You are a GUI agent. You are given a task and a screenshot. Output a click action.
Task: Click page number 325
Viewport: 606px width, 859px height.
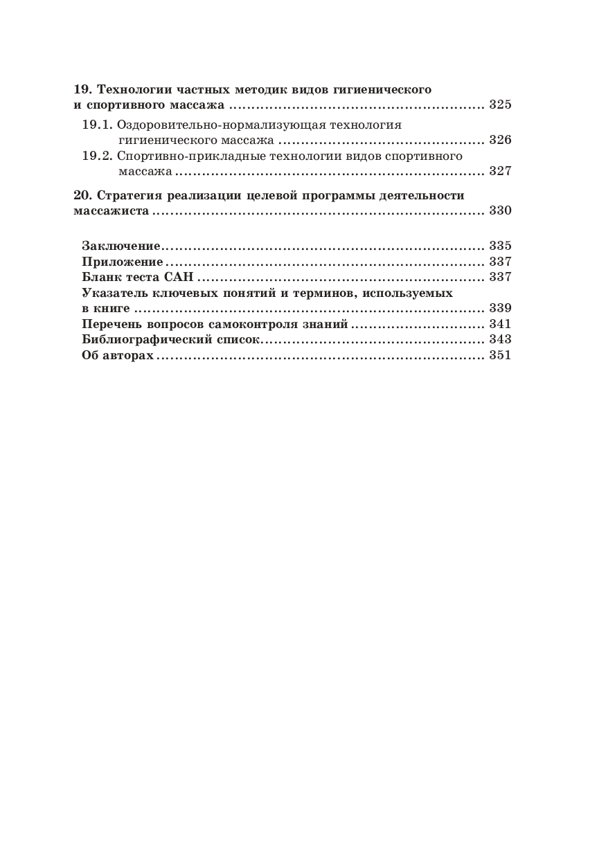(x=499, y=106)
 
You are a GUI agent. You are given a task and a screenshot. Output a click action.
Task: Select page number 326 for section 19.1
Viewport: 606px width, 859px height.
(x=499, y=140)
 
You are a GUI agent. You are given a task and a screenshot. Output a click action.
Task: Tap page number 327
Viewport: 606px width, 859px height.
(x=499, y=171)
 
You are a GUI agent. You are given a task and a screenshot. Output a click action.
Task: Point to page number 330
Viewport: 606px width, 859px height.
(x=499, y=210)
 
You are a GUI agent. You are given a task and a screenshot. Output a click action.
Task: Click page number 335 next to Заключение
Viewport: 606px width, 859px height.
(x=499, y=246)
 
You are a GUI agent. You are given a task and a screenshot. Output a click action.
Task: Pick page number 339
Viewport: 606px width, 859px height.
(x=499, y=308)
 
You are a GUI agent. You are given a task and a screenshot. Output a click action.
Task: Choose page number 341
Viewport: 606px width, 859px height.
(x=499, y=324)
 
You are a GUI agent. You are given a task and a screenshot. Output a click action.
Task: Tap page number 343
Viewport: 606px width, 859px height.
(x=499, y=339)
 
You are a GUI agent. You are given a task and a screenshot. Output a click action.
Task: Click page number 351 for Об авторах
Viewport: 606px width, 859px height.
(x=499, y=355)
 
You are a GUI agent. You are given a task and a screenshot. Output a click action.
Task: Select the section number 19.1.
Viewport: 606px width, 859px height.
(x=97, y=125)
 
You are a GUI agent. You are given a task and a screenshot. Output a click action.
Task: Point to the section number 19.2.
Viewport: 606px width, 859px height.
(x=97, y=156)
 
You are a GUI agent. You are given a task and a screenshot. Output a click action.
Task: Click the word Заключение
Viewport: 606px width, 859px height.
(x=121, y=246)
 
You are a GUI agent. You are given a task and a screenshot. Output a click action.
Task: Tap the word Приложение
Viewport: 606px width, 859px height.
(x=123, y=262)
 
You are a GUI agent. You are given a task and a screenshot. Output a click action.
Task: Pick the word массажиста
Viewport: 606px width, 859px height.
(x=111, y=210)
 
